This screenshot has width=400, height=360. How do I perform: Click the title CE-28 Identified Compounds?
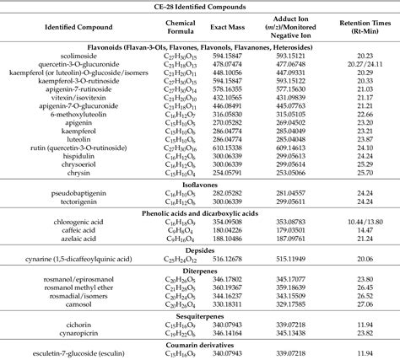[x=200, y=7]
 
